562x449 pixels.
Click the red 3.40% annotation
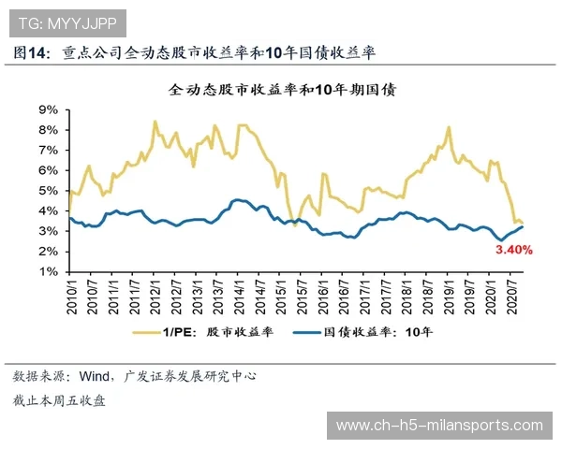[512, 250]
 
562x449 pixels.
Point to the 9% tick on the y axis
[49, 109]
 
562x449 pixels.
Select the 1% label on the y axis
[49, 272]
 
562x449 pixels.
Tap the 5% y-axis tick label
[49, 191]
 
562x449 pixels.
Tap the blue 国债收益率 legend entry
[365, 330]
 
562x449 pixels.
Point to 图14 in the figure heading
[31, 52]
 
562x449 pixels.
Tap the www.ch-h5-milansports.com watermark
[439, 426]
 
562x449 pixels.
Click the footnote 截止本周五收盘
[59, 400]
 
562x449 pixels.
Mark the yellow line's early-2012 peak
[155, 122]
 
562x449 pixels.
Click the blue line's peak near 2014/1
[236, 199]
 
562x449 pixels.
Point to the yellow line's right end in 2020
[522, 223]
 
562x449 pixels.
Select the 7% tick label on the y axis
[49, 151]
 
